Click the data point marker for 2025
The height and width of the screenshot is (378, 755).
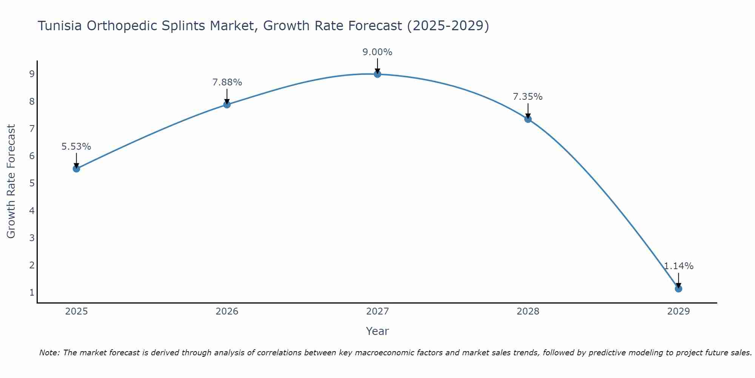tap(76, 169)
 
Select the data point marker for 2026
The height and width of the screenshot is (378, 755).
tap(227, 104)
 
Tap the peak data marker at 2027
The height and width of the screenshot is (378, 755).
tap(377, 74)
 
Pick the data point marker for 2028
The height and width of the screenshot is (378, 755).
tap(528, 119)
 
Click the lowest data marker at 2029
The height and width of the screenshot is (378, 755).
tap(678, 289)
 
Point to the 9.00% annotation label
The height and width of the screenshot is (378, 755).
tap(377, 52)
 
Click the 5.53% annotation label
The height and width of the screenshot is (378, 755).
tap(76, 147)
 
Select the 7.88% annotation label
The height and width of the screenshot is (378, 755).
tap(227, 82)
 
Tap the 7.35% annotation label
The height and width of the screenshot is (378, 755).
tap(528, 97)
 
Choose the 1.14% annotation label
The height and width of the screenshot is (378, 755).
tap(678, 266)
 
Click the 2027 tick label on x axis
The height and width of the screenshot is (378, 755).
tap(377, 311)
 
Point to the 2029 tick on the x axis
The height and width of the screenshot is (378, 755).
tap(678, 311)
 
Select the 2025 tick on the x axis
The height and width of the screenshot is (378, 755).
tap(76, 311)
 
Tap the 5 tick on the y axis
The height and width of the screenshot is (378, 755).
tap(32, 183)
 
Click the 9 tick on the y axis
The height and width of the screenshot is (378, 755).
tap(32, 74)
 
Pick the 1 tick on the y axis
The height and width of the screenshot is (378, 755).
tap(32, 293)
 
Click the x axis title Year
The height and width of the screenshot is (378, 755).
tap(377, 331)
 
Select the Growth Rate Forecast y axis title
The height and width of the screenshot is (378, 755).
tap(11, 181)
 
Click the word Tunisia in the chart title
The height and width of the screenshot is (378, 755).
tap(60, 26)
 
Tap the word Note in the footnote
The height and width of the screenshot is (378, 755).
tap(49, 353)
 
